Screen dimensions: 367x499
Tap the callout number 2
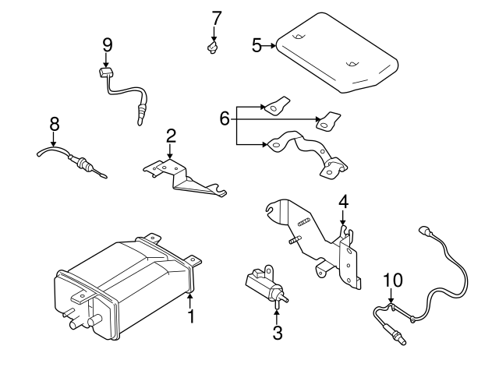coord(171,137)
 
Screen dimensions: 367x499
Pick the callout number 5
coord(257,46)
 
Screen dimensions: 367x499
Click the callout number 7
coord(216,17)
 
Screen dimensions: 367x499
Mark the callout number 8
coord(54,123)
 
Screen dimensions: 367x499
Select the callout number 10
coord(392,280)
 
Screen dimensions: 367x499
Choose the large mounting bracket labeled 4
coord(320,238)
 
